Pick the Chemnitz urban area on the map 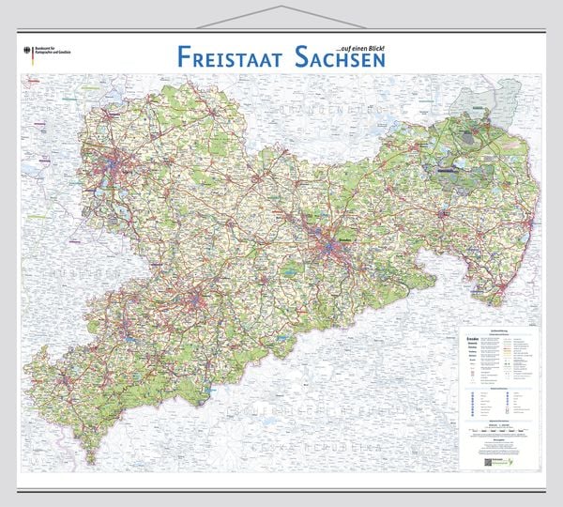(x=197, y=302)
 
